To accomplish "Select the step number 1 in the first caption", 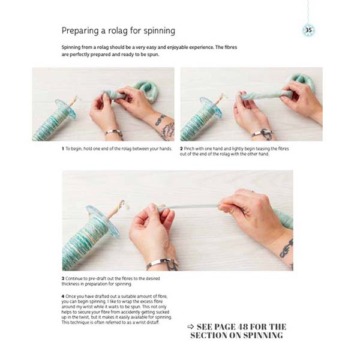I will [x=62, y=148].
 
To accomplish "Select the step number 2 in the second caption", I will [x=182, y=148].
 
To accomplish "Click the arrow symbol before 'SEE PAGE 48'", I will [x=190, y=326].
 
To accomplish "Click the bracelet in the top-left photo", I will [x=113, y=132].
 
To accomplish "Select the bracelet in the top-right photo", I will [x=260, y=133].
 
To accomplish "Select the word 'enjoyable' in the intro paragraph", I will [x=181, y=47].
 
